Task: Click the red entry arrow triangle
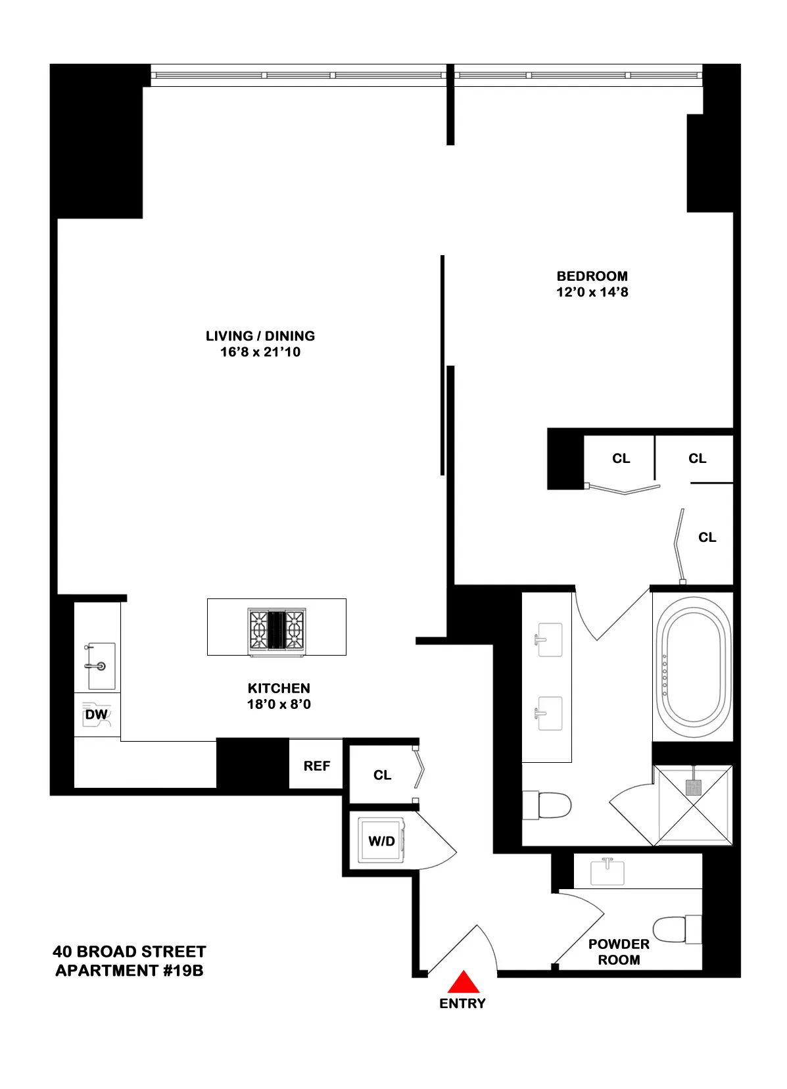click(x=464, y=982)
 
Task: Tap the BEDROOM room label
click(x=592, y=276)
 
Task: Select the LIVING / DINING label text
click(x=260, y=336)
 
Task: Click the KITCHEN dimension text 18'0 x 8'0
click(x=279, y=704)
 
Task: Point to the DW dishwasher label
click(x=97, y=715)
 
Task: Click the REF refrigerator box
click(x=316, y=765)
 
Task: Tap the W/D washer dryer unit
click(x=381, y=841)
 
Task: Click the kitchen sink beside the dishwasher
click(x=101, y=666)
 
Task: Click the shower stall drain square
click(x=693, y=787)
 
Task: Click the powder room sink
click(x=607, y=871)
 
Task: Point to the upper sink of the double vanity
click(x=549, y=640)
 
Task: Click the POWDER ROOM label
click(x=619, y=952)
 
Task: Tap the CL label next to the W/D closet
click(x=382, y=775)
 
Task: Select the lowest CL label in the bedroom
click(x=707, y=537)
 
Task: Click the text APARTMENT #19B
click(x=130, y=971)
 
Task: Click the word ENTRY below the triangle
click(x=462, y=1004)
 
